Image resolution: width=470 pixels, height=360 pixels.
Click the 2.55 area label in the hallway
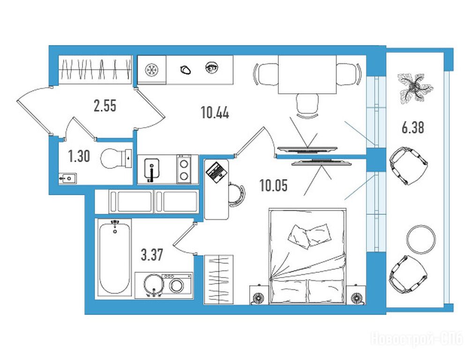tap(105, 106)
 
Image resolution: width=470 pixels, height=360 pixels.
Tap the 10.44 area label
tap(215, 112)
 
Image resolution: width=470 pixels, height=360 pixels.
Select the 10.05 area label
tap(273, 185)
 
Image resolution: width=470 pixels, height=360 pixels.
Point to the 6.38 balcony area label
tap(413, 127)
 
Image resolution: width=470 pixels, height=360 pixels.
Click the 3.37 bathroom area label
tap(152, 255)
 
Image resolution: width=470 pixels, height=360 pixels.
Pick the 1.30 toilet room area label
tap(79, 157)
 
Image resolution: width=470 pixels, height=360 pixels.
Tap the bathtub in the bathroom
tap(114, 257)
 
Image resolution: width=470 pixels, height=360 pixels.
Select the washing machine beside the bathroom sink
tap(177, 285)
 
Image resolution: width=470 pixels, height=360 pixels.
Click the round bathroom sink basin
tap(154, 285)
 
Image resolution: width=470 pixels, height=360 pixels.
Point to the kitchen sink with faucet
tap(152, 170)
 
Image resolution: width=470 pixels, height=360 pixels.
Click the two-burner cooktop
tap(184, 169)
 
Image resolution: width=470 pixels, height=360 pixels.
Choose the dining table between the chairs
tap(307, 75)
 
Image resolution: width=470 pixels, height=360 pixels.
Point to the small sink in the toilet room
tap(67, 179)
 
